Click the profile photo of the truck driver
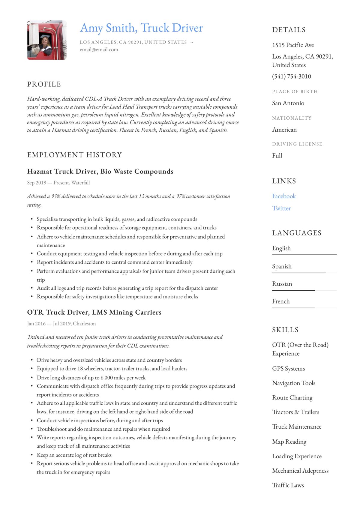pyautogui.click(x=47, y=40)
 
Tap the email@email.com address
pyautogui.click(x=99, y=50)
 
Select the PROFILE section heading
pyautogui.click(x=44, y=84)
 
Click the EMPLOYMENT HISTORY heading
pyautogui.click(x=74, y=155)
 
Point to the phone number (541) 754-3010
pyautogui.click(x=291, y=76)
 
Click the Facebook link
pyautogui.click(x=284, y=196)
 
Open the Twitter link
pyautogui.click(x=281, y=208)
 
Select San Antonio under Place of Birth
pyautogui.click(x=288, y=103)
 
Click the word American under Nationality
pyautogui.click(x=284, y=130)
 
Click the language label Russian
pyautogui.click(x=282, y=284)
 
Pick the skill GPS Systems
pyautogui.click(x=288, y=369)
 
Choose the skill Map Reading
pyautogui.click(x=289, y=442)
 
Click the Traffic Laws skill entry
pyautogui.click(x=288, y=485)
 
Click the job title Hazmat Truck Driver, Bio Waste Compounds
pyautogui.click(x=100, y=172)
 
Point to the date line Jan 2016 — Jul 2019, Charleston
pyautogui.click(x=61, y=324)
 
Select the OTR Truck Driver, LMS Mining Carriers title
pyautogui.click(x=94, y=313)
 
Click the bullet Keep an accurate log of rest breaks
pyautogui.click(x=74, y=455)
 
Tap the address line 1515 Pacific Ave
pyautogui.click(x=293, y=45)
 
